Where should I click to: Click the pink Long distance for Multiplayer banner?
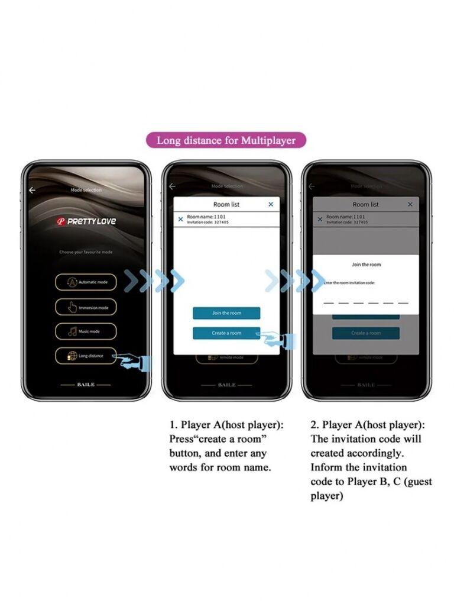click(x=226, y=140)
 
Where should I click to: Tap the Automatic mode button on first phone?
click(x=86, y=282)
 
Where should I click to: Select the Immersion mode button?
click(x=86, y=307)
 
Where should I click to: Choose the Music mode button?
click(x=86, y=331)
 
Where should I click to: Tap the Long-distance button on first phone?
click(x=86, y=356)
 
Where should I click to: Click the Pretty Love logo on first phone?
click(x=86, y=221)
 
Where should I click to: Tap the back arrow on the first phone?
click(x=33, y=190)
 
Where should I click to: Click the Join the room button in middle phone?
click(x=226, y=313)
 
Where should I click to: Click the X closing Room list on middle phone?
click(x=271, y=204)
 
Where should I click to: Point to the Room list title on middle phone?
click(x=226, y=204)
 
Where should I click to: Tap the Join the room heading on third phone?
click(x=367, y=265)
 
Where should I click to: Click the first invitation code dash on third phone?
click(x=329, y=302)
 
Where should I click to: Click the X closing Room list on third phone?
click(x=410, y=204)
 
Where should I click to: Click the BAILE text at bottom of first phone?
click(x=86, y=385)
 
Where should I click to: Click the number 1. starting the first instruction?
click(x=173, y=425)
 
